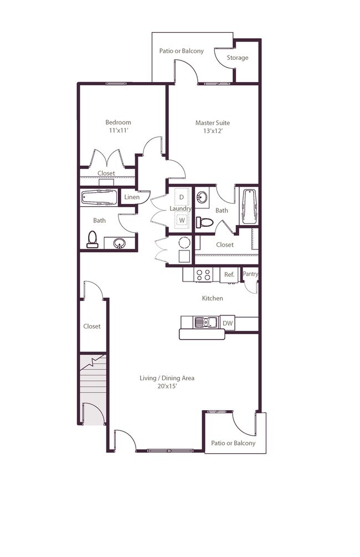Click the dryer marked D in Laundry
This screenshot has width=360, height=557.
tap(181, 197)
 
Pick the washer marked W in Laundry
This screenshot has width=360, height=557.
tap(181, 220)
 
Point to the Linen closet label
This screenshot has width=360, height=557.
tap(131, 197)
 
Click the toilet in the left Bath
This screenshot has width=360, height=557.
tap(92, 239)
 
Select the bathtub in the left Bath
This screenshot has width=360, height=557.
tap(99, 197)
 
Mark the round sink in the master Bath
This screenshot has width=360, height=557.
tap(203, 197)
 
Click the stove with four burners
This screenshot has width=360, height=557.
tap(204, 274)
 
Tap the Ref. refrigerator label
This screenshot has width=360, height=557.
tap(228, 274)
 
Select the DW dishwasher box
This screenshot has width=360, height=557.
tap(228, 323)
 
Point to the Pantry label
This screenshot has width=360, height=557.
tap(250, 274)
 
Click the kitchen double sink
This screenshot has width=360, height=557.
tap(205, 322)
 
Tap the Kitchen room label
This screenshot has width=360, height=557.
tap(212, 298)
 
